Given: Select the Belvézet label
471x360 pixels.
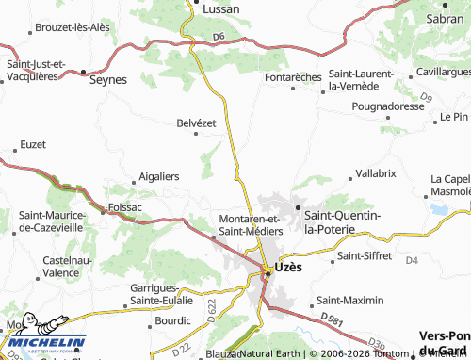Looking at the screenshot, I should pyautogui.click(x=198, y=123).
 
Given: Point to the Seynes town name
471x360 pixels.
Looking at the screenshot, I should pyautogui.click(x=107, y=80).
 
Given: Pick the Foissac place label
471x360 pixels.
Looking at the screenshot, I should pyautogui.click(x=125, y=206).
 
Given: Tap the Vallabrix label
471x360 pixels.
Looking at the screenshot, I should pyautogui.click(x=375, y=174).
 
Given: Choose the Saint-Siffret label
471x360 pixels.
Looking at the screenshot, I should pyautogui.click(x=364, y=255).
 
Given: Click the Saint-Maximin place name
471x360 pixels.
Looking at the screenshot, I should pyautogui.click(x=350, y=300).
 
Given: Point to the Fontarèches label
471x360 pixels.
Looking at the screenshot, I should pyautogui.click(x=294, y=77).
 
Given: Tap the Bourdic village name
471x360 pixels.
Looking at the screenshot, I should pyautogui.click(x=173, y=320).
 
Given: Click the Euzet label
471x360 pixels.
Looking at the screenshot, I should pyautogui.click(x=31, y=146).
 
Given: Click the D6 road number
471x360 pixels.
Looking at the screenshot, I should pyautogui.click(x=219, y=37).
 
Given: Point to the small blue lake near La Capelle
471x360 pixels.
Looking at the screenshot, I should pyautogui.click(x=439, y=208).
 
